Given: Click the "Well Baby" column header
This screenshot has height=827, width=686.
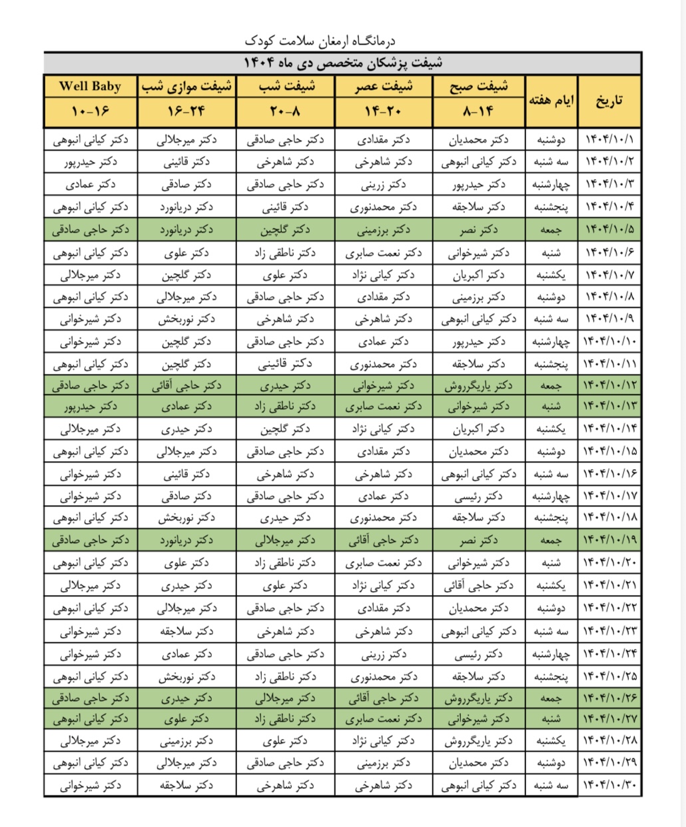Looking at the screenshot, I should pos(91,87).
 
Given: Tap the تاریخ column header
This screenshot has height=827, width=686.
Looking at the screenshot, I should pos(609,101).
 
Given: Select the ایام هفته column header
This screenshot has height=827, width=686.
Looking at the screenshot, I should pos(552,101).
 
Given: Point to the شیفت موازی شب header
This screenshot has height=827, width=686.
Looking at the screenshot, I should pos(187,87).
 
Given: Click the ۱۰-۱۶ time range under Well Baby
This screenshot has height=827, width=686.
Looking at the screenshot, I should pos(91,112).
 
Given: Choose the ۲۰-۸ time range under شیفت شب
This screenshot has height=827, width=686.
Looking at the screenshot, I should pos(286,112).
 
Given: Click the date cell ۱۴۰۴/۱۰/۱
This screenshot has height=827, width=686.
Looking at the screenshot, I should pos(610,140).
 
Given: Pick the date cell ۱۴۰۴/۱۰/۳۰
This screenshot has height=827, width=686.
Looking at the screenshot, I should pos(610,786).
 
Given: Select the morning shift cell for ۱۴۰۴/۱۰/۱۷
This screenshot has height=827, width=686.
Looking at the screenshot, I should pos(478,496).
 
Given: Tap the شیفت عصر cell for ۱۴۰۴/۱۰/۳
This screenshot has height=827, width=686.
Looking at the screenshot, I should pos(384,185).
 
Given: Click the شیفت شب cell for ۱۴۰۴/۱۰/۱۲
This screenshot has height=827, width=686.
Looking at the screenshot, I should pos(286,385).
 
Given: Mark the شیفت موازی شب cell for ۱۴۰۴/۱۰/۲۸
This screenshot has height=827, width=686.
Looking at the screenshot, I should pos(187,741).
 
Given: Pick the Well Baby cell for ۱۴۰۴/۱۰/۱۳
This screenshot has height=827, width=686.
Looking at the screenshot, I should pos(91,407).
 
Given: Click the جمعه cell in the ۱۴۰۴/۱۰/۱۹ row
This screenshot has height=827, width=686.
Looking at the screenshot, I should pos(552,540).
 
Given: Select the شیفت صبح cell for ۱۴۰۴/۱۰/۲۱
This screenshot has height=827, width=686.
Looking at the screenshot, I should pos(478,586).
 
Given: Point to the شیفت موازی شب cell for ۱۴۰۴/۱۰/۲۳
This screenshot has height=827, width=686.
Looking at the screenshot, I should pos(187,631).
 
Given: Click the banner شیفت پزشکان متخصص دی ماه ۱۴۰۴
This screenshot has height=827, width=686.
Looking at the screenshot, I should pos(342,63).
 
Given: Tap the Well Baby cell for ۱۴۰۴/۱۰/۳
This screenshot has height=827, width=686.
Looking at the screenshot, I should pos(91,185).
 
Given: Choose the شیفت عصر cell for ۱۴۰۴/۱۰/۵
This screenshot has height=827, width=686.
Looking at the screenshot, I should pos(384,230).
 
